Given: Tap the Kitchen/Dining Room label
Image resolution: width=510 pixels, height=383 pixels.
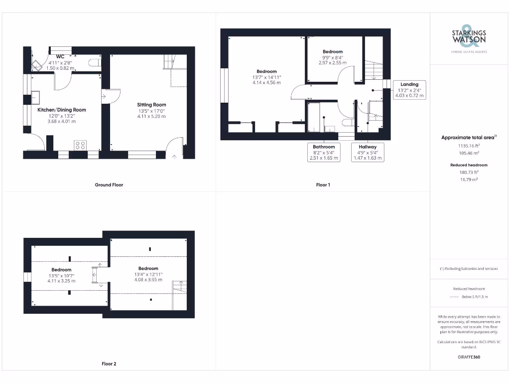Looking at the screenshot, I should [62, 110].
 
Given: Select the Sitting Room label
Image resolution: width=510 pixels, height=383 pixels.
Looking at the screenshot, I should [151, 105].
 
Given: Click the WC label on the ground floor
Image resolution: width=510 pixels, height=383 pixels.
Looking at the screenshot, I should [60, 57].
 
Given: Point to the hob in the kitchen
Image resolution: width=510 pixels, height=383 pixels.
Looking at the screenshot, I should [80, 145].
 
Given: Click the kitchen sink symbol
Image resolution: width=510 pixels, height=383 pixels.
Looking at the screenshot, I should [36, 96].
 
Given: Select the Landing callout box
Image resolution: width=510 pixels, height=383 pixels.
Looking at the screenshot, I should [409, 90].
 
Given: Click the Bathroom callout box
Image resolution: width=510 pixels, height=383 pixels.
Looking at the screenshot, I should [324, 152].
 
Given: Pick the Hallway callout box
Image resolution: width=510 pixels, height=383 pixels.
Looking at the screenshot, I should [368, 152].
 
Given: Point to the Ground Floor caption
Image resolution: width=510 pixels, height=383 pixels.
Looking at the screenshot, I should [109, 185].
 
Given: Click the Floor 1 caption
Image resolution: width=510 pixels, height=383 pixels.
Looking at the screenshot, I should [323, 185].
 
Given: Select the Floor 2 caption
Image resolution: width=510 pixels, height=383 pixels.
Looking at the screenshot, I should [109, 364].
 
